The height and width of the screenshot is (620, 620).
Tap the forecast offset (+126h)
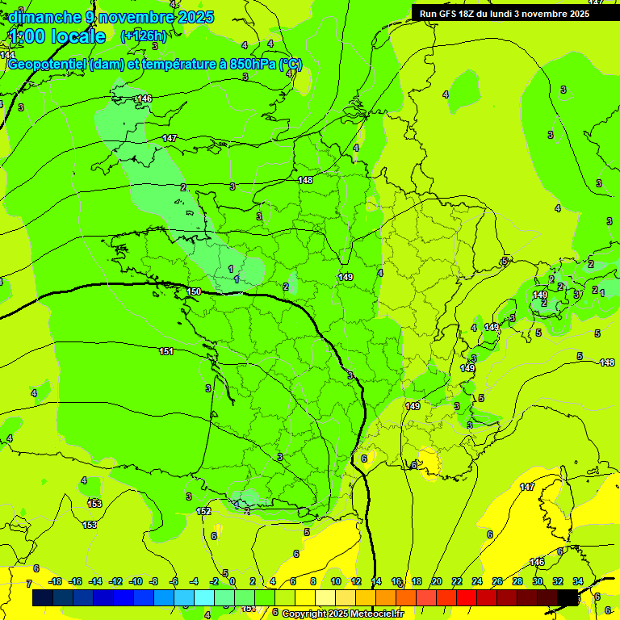143,36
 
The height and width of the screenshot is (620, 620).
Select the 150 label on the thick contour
194,291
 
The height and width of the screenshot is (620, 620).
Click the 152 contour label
204,511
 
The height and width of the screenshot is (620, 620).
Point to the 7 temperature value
28,583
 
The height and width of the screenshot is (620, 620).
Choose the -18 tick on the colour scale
55,581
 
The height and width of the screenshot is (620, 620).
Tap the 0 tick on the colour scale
232,581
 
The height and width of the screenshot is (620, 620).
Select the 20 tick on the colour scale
437,581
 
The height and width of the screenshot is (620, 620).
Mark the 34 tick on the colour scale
578,581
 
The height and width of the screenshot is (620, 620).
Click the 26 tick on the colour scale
497,581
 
